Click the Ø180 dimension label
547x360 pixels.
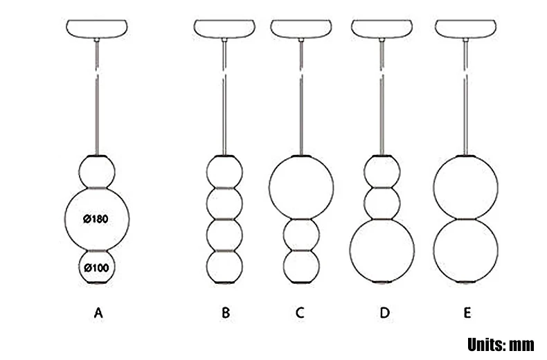(97, 219)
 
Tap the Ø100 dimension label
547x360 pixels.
(97, 267)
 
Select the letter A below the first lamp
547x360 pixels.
(98, 314)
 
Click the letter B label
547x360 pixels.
(226, 314)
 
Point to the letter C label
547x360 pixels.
(300, 314)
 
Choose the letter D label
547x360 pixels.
(385, 314)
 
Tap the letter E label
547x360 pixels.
(467, 314)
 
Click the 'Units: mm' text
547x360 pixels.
(501, 344)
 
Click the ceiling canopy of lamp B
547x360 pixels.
(225, 30)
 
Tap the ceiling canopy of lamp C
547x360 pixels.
(301, 30)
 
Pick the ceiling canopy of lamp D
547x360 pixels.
(382, 30)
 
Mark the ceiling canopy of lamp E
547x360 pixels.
(466, 30)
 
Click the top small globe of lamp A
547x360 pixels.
(97, 170)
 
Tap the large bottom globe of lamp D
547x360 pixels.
(382, 250)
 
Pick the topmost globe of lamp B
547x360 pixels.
(225, 170)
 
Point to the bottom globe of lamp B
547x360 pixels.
(225, 266)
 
